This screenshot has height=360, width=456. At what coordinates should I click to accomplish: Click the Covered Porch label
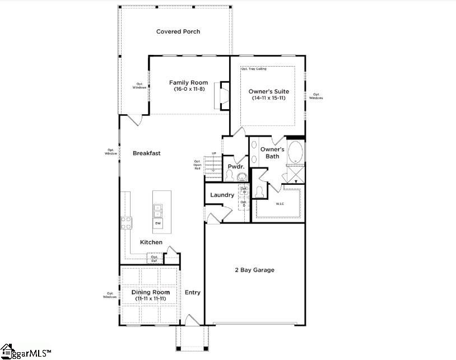click(178, 32)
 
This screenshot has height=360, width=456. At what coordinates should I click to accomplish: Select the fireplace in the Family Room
click(225, 96)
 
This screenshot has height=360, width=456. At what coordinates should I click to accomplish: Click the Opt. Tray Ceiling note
click(254, 69)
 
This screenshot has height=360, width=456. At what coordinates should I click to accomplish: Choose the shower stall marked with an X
click(295, 174)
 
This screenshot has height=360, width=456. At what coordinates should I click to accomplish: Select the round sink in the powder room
click(242, 177)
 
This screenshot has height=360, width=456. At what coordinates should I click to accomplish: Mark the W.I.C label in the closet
click(280, 204)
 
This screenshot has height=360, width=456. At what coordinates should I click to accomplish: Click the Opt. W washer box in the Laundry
click(244, 190)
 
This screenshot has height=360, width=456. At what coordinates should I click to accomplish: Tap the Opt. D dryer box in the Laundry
click(244, 204)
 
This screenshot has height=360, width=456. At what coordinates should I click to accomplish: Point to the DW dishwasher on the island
click(157, 224)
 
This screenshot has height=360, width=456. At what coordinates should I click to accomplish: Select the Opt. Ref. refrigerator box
click(154, 259)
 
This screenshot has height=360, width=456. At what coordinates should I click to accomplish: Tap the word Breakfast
click(147, 153)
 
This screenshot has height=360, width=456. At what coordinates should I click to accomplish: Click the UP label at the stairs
click(213, 153)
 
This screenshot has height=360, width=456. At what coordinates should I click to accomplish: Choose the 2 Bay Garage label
click(254, 270)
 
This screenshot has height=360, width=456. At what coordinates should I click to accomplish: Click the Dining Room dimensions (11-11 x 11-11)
click(150, 299)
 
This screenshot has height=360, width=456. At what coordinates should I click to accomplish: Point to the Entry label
click(193, 292)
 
